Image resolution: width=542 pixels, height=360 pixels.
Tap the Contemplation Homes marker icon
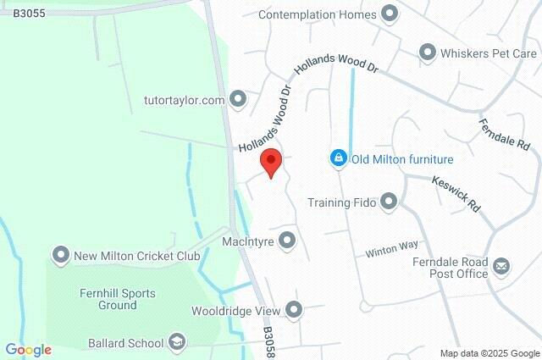[390, 14]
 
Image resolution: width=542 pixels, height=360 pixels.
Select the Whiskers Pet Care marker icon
[428, 53]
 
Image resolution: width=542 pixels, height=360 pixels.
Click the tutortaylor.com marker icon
[238, 100]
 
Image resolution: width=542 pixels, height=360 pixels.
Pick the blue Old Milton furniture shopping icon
[338, 158]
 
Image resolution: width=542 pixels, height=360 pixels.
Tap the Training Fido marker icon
[389, 202]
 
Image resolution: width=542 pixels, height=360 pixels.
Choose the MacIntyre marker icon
[287, 241]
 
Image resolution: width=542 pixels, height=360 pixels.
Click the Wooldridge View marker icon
[294, 310]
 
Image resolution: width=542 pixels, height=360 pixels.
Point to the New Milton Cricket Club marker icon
[60, 255]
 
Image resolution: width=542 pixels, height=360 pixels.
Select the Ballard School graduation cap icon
[177, 343]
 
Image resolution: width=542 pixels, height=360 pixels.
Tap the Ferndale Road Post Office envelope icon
[501, 268]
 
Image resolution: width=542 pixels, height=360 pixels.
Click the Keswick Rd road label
[456, 194]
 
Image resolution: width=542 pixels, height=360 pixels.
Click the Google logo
[28, 350]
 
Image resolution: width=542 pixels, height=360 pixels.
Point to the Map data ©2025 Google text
[489, 353]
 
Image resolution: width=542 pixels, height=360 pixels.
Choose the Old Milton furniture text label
[403, 159]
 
